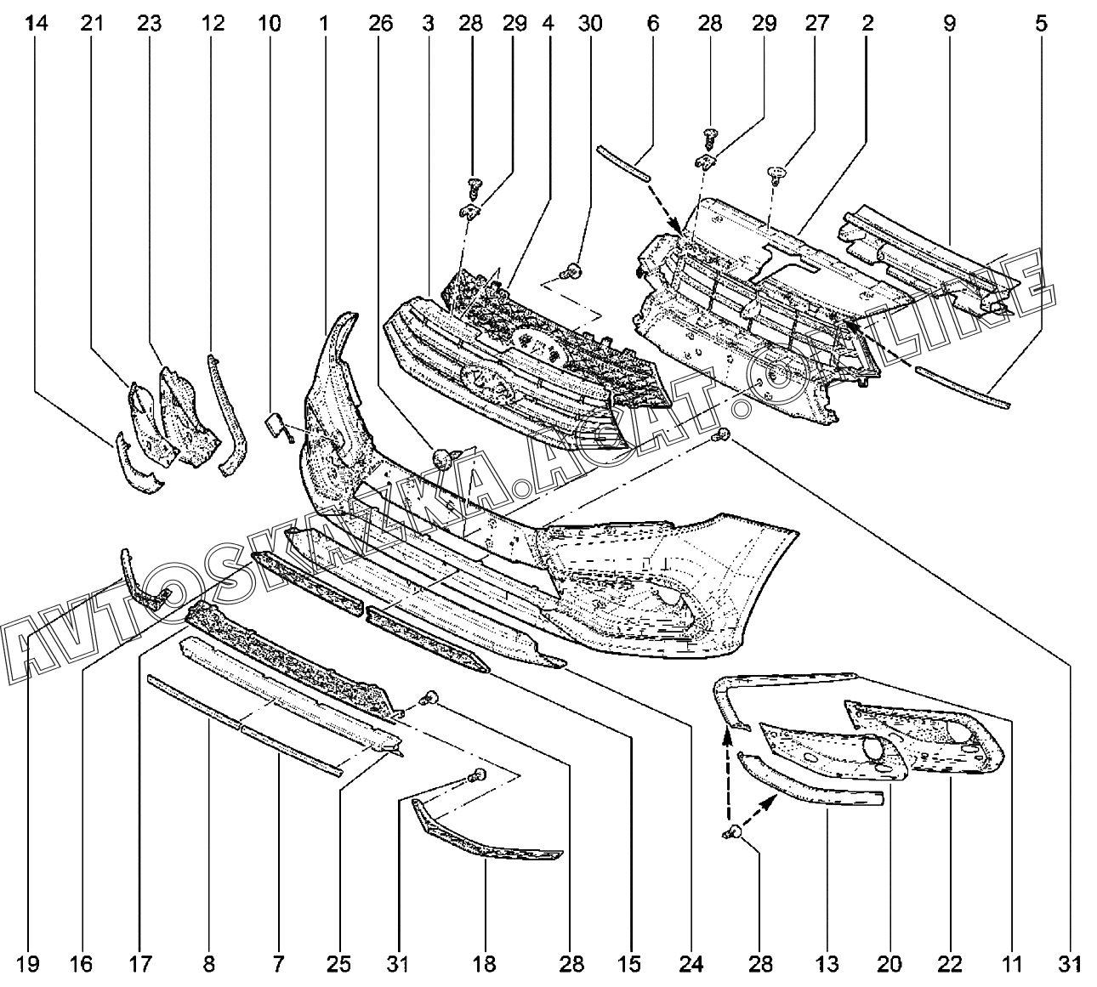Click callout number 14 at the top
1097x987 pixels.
point(36,25)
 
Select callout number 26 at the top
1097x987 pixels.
point(381,25)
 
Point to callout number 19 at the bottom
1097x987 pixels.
point(28,964)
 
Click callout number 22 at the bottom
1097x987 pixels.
point(950,964)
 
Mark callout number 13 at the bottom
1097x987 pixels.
point(827,964)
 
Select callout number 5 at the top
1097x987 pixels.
point(1041,25)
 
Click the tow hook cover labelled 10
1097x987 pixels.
point(278,424)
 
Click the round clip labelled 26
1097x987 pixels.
point(442,459)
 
